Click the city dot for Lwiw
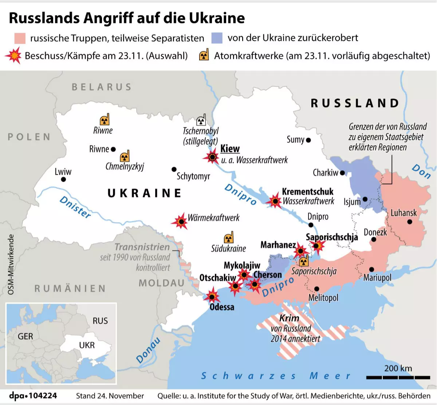point(64,179)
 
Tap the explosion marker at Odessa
point(212,296)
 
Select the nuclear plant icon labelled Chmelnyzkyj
point(125,156)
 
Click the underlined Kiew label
point(230,148)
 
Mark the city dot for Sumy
point(308,140)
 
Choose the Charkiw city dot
point(342,173)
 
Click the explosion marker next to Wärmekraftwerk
point(180,221)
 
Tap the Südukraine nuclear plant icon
point(228,238)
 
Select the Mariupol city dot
point(371,270)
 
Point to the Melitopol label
point(323,298)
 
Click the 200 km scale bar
point(398,377)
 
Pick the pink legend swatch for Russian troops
point(20,38)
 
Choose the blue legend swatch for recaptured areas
point(217,38)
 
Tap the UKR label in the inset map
point(87,345)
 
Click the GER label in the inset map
point(25,336)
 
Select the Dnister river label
point(75,207)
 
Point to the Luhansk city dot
point(410,221)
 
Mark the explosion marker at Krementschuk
point(275,201)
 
